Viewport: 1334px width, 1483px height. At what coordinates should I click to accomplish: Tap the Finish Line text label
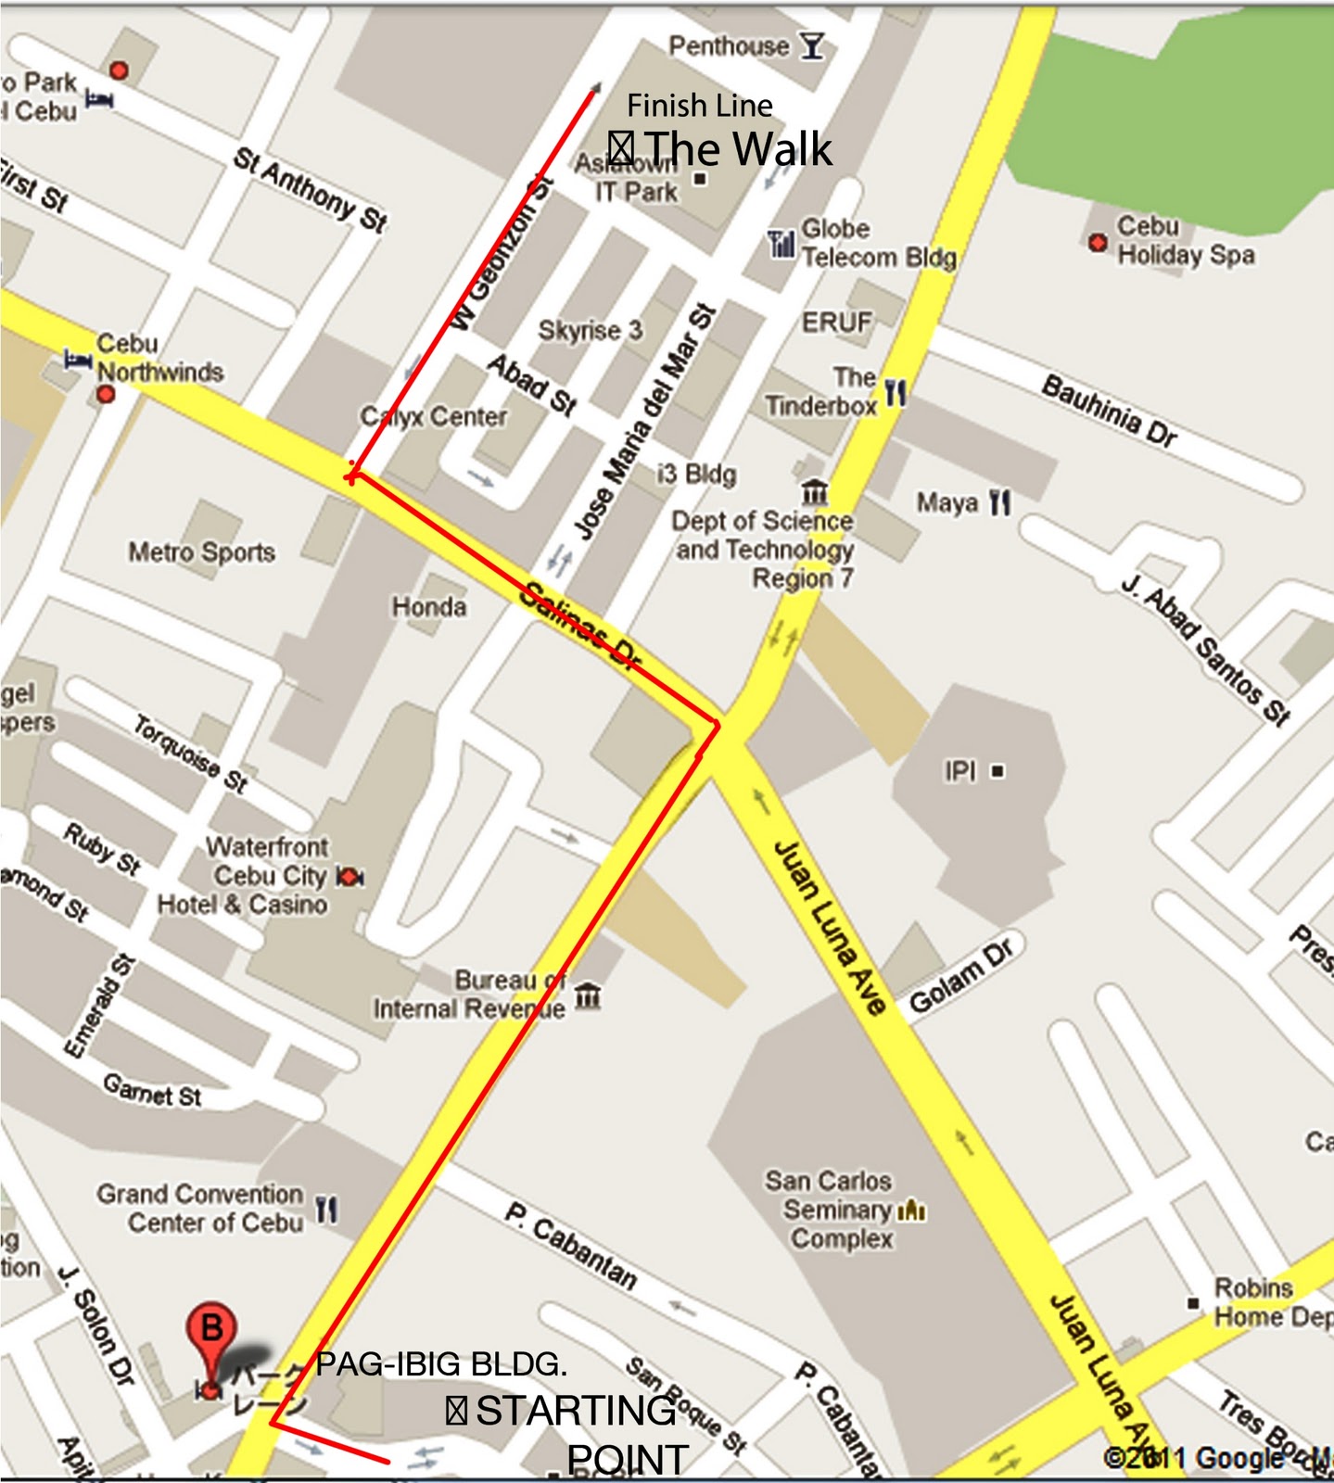coord(699,106)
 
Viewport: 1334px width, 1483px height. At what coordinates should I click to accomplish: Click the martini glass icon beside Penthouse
coord(812,45)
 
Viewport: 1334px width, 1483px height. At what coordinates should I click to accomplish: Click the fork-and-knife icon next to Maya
coord(999,502)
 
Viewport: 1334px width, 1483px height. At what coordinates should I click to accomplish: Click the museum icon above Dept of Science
coord(815,489)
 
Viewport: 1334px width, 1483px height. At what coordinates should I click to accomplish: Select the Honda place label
coord(429,607)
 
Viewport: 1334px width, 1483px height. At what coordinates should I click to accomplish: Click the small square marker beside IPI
coord(997,770)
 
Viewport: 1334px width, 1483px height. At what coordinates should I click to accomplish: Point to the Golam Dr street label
coord(962,975)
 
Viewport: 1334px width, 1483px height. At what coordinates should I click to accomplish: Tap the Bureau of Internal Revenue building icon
coord(588,996)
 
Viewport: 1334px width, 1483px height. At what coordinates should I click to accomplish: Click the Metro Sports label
coord(201,552)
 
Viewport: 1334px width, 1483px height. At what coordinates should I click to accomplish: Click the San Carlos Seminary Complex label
coord(830,1209)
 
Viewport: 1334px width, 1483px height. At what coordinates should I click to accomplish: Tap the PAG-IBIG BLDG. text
coord(441,1364)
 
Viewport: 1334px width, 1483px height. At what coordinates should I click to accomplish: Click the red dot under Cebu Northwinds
coord(106,395)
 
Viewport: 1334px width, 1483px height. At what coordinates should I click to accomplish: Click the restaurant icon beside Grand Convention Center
coord(326,1209)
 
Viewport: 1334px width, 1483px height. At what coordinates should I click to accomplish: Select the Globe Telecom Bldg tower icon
coord(781,244)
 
